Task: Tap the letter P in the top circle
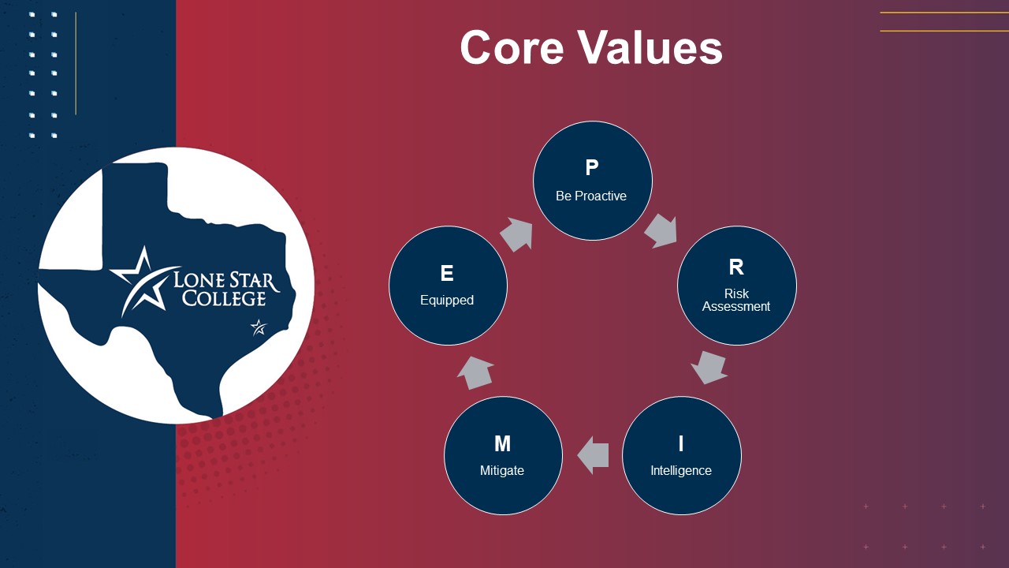coord(592,168)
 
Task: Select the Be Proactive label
coord(591,196)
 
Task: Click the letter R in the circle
coord(736,267)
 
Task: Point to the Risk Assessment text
coord(736,301)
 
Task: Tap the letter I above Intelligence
coord(680,443)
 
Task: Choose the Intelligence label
coord(681,471)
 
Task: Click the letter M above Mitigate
coord(503,443)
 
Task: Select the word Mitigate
coord(502,471)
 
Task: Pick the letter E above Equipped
coord(447,273)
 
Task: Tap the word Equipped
coord(447,301)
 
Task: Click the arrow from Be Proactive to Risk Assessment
coord(661,231)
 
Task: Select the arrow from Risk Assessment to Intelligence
coord(709,368)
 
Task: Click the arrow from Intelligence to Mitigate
coord(594,455)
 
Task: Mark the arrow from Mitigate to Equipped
coord(475,373)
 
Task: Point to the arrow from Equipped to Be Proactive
coord(517,234)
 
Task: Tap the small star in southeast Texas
coord(259,327)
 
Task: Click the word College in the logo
coord(224,298)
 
